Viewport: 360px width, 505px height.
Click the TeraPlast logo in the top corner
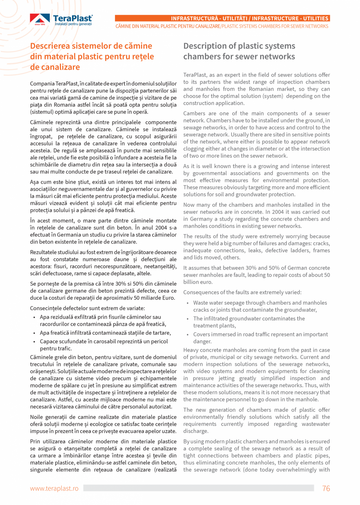pyautogui.click(x=61, y=20)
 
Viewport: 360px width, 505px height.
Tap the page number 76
pyautogui.click(x=326, y=488)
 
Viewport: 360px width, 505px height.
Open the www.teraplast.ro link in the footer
pyautogui.click(x=54, y=488)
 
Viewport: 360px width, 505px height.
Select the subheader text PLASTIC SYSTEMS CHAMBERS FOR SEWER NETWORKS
pyautogui.click(x=275, y=26)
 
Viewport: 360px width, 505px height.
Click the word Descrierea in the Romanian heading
pyautogui.click(x=52, y=46)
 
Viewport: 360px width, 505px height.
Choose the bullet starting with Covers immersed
pyautogui.click(x=260, y=338)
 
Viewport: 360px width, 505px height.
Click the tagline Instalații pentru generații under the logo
pyautogui.click(x=73, y=24)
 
